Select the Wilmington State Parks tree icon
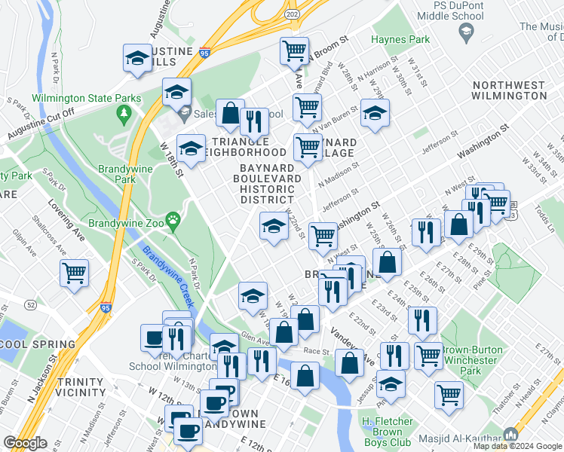tap(123, 114)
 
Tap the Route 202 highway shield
tap(293, 14)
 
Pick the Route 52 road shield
tap(30, 304)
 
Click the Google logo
tap(25, 443)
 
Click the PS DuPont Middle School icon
tap(465, 32)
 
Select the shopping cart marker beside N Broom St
tap(294, 50)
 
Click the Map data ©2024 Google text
tap(517, 446)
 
